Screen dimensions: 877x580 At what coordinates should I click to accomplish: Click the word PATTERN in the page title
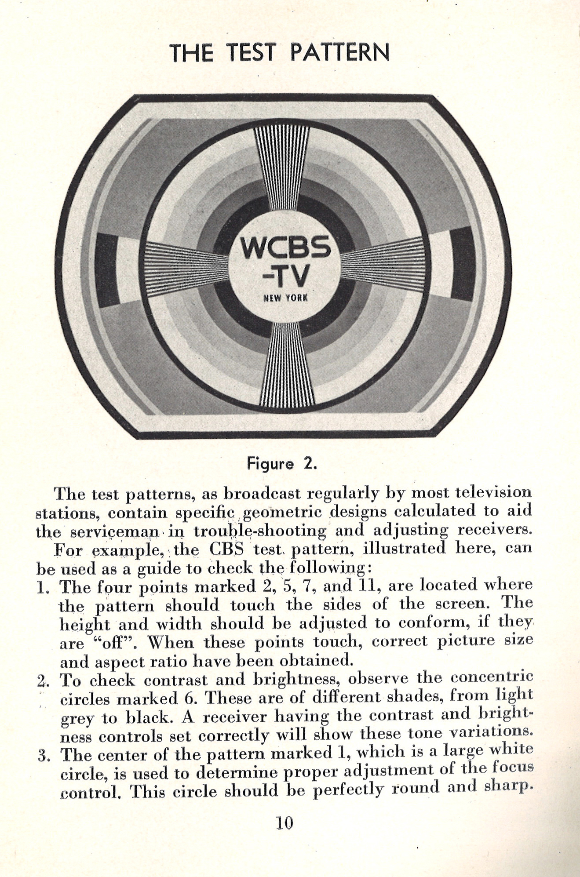[x=339, y=53]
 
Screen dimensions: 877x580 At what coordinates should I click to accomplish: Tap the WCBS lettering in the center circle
[x=286, y=249]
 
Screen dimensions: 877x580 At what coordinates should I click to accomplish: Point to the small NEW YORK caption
[x=286, y=298]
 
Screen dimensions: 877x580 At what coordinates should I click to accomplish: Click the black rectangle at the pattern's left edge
[x=107, y=269]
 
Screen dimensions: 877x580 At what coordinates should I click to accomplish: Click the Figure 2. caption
[x=281, y=464]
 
